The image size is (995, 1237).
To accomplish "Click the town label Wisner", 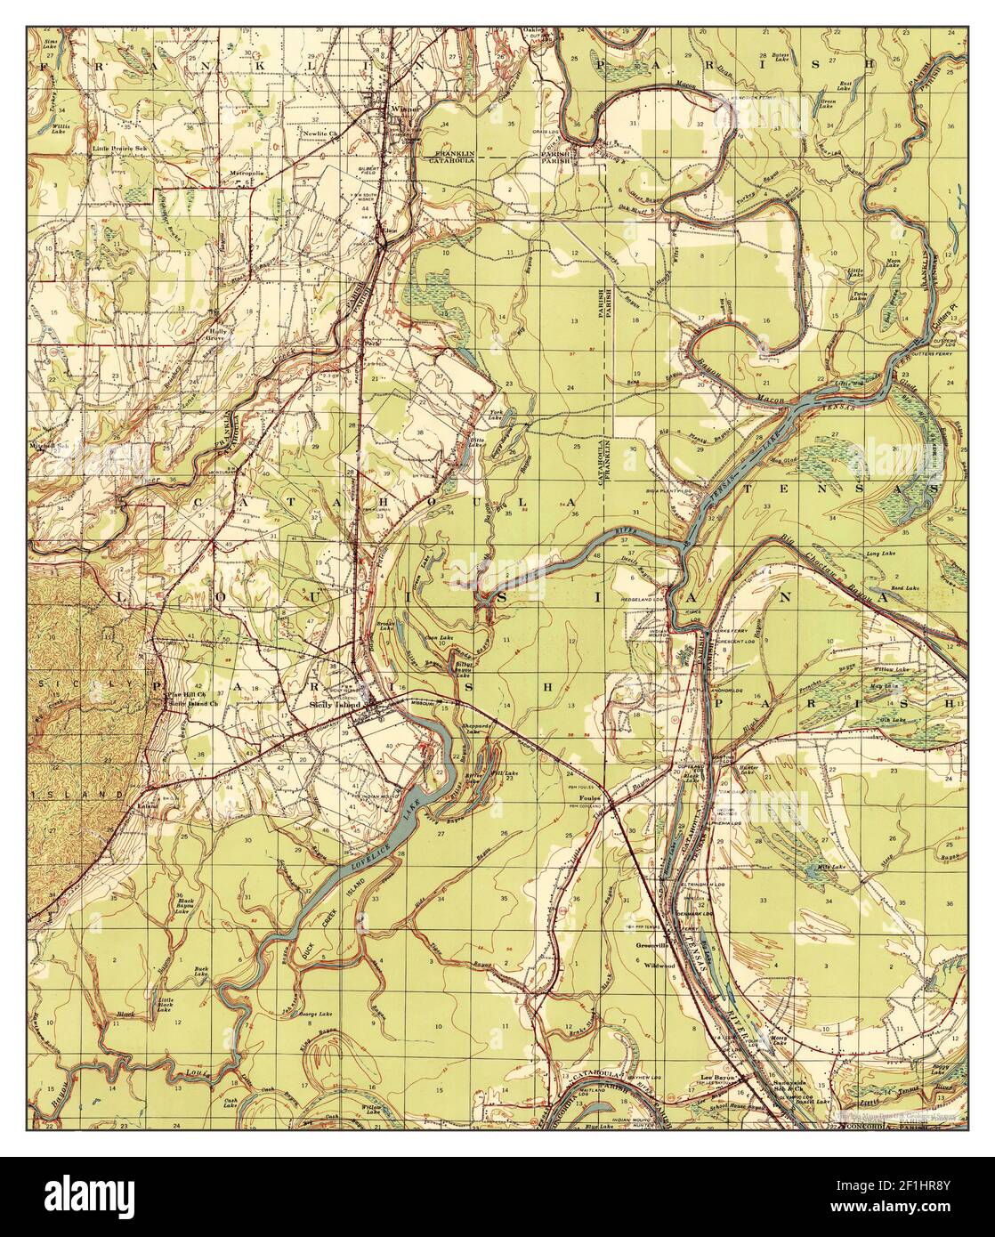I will click(x=404, y=110).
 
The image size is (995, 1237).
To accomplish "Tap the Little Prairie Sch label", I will click(x=122, y=150).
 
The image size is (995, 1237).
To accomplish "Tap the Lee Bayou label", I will click(x=716, y=1078).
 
